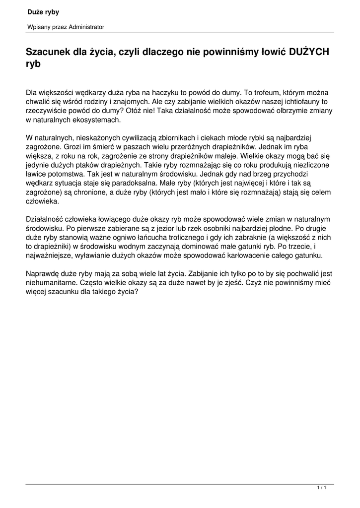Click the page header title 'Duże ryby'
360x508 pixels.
tap(43, 12)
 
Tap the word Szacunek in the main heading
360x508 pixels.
tap(47, 52)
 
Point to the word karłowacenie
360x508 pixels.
tap(260, 255)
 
